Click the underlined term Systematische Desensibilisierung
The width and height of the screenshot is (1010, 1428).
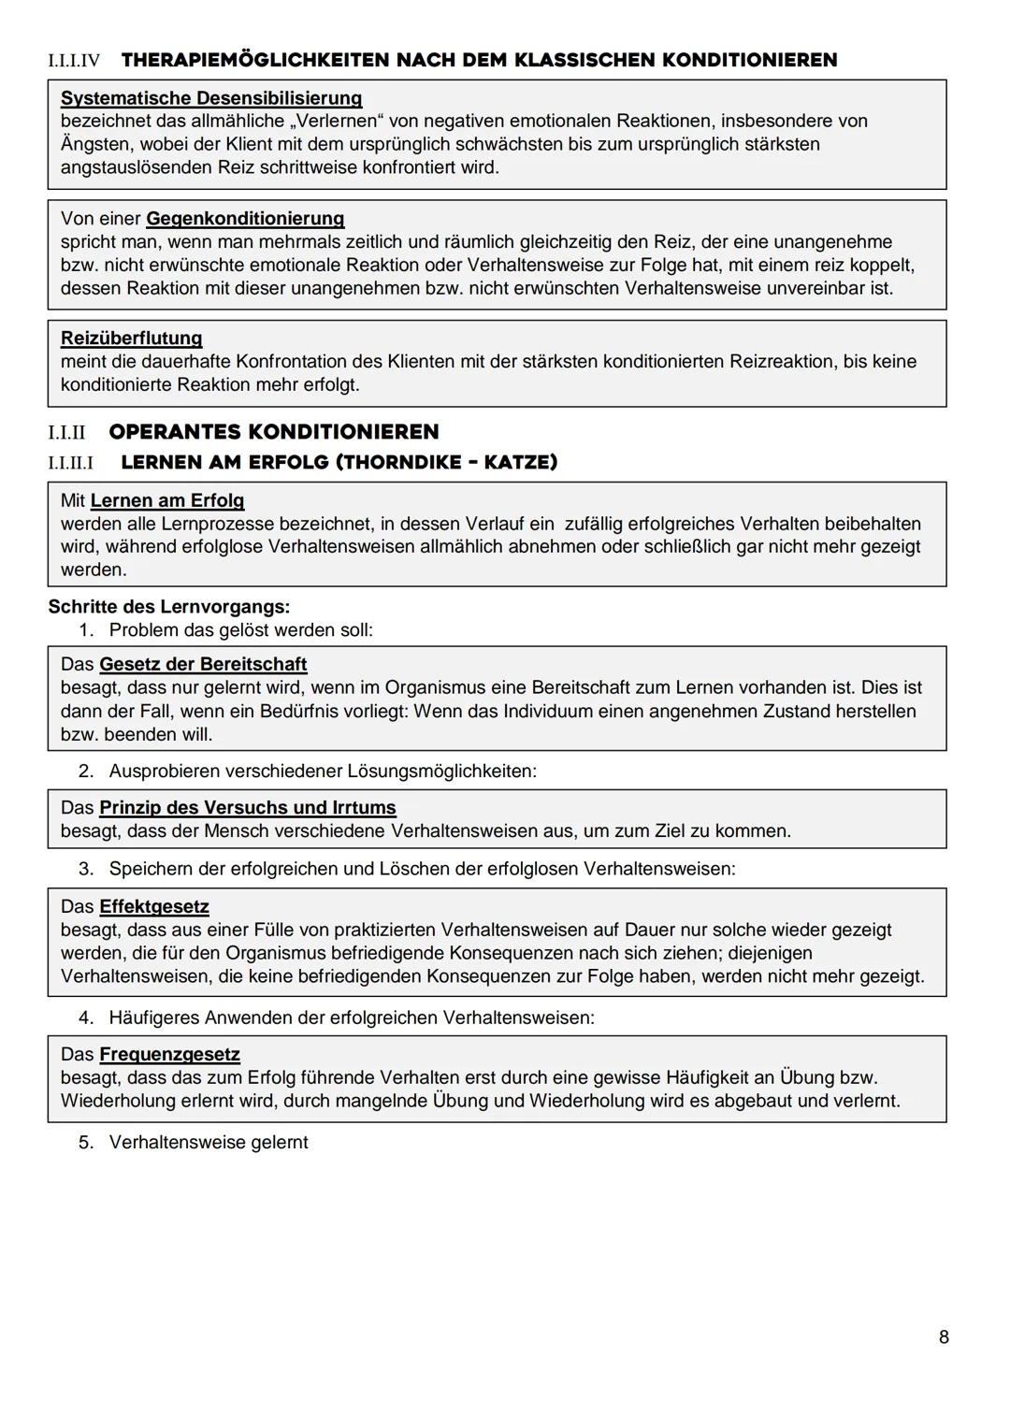[x=211, y=98]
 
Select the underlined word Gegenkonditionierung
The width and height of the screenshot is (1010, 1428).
[x=245, y=219]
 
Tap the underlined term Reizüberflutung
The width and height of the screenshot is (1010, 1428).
[x=131, y=339]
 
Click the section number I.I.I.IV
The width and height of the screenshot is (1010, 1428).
[x=74, y=61]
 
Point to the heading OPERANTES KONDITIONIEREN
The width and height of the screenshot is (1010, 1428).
[x=273, y=432]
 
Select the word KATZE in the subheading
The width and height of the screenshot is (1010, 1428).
[x=519, y=463]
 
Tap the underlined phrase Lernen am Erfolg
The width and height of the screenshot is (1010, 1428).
[x=166, y=500]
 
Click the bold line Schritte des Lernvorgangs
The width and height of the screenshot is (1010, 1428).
[x=168, y=606]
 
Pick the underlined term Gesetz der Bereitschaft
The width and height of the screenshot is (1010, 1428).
[x=203, y=664]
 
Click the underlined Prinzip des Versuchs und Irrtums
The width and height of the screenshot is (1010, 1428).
[x=247, y=807]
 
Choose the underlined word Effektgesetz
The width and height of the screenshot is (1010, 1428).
[x=153, y=906]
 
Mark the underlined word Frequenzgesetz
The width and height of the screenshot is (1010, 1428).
[x=169, y=1054]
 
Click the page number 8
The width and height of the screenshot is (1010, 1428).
[x=944, y=1337]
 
